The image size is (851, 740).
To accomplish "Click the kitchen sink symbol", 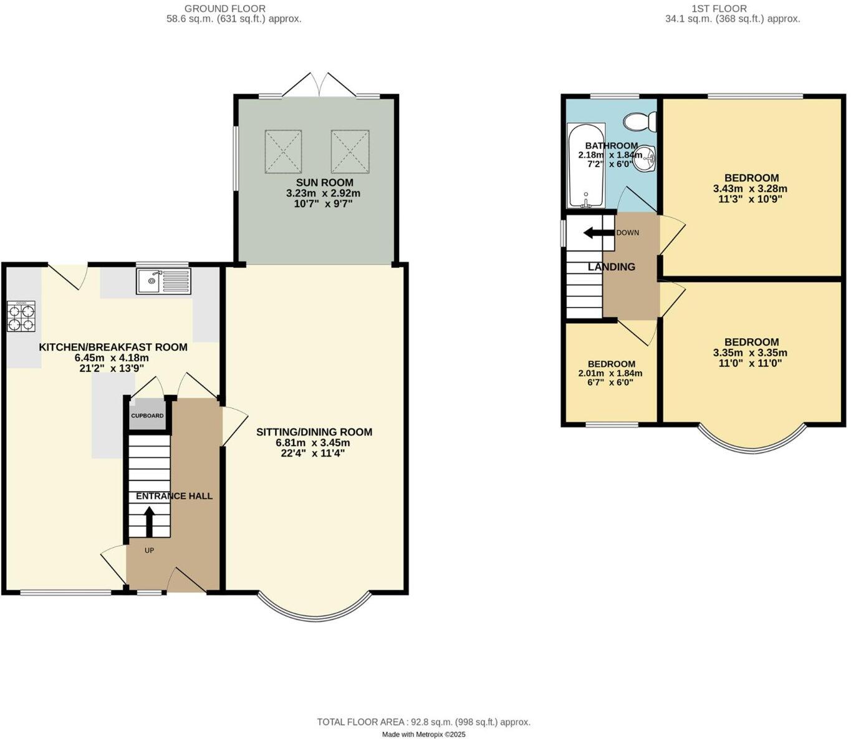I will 163,281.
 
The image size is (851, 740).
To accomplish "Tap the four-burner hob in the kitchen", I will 21,316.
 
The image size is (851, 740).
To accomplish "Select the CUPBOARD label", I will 147,416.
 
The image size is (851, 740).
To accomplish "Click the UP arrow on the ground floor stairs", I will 149,522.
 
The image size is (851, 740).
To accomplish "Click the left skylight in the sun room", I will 283,152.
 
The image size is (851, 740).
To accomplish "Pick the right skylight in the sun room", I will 351,152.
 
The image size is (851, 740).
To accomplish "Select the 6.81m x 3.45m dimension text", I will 313,443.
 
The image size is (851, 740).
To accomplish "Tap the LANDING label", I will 612,267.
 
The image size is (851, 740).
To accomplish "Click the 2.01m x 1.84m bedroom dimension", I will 610,374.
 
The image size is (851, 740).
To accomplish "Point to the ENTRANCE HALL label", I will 174,496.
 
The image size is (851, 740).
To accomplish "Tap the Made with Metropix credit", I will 423,735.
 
